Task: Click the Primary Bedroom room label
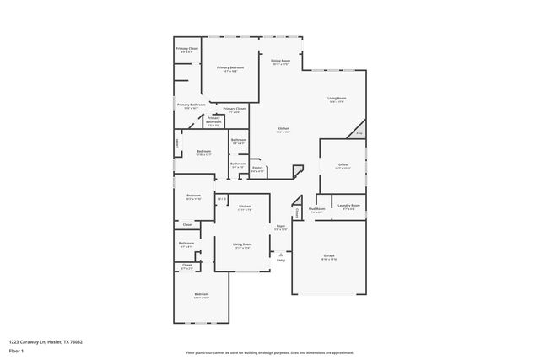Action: (229, 67)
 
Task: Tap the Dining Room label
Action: (280, 62)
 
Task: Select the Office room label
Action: (342, 166)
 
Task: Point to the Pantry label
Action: (257, 169)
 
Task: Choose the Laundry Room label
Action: (348, 206)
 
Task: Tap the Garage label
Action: (329, 256)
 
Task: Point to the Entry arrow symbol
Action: (281, 253)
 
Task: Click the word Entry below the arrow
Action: (281, 260)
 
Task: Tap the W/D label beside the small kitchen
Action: (221, 199)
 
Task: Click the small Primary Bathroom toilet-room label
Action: (213, 121)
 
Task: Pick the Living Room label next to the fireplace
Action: (337, 99)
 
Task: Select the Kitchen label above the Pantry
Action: (283, 129)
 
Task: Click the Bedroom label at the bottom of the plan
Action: (202, 295)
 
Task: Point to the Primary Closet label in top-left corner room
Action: (187, 50)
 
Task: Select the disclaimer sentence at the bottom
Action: (270, 352)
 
